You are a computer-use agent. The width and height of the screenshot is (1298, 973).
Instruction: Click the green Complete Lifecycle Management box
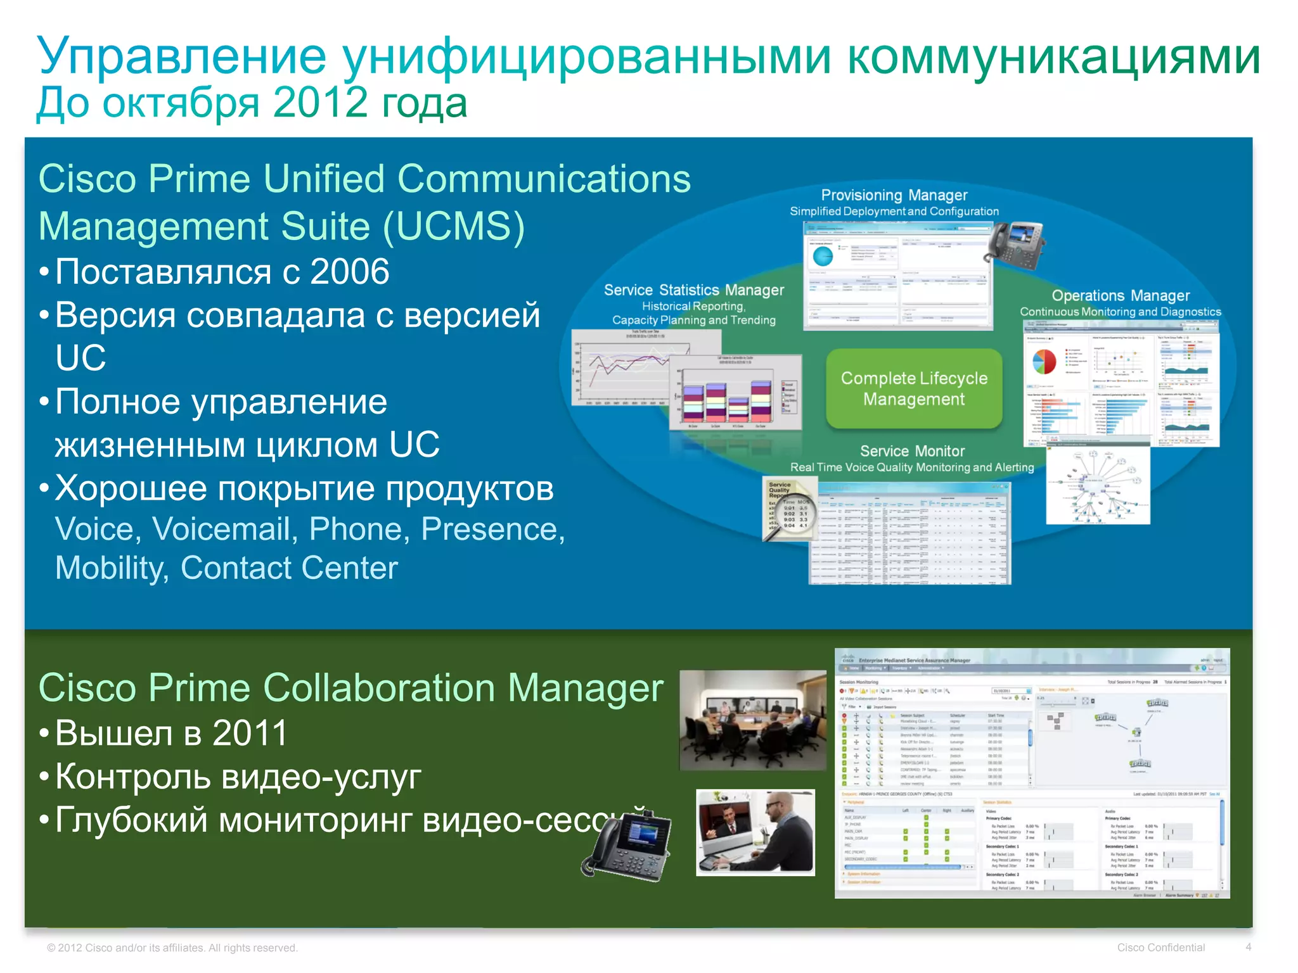(913, 388)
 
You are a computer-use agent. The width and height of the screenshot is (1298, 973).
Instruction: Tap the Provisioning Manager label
(894, 195)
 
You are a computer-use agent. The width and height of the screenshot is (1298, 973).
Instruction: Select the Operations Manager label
(1120, 295)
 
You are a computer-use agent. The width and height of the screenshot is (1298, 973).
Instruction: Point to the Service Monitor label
(912, 451)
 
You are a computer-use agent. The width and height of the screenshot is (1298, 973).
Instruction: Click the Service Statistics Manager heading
(693, 290)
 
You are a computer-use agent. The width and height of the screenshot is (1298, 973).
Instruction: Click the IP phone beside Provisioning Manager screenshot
(1015, 244)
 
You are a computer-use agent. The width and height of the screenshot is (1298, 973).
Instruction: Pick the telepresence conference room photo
(752, 720)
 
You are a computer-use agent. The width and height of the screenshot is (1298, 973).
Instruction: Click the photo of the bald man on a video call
(755, 832)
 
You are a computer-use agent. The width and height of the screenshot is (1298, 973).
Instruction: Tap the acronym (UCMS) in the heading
(454, 226)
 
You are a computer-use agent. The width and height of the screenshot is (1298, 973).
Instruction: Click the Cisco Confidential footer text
(1160, 948)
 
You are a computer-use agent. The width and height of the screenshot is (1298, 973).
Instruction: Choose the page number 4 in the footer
(1248, 947)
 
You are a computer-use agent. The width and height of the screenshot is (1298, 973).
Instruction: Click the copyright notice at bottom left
(172, 948)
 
